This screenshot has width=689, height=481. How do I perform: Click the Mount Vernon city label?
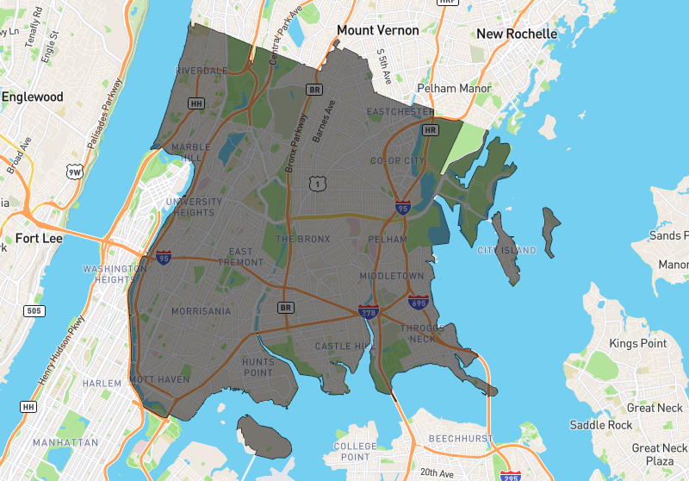tap(377, 30)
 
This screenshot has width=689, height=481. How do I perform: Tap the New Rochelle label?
tap(517, 34)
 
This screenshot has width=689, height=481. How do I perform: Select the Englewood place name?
tap(33, 97)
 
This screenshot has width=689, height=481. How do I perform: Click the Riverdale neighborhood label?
tap(202, 71)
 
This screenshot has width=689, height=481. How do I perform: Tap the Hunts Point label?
tap(258, 367)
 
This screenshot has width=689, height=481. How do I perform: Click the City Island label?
tap(506, 251)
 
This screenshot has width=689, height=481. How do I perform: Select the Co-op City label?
tap(398, 161)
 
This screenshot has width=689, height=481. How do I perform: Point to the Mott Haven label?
tap(159, 379)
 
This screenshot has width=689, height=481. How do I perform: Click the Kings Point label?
tap(638, 344)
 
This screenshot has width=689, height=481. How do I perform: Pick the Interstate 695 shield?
tap(419, 302)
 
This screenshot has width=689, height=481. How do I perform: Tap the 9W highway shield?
tap(77, 172)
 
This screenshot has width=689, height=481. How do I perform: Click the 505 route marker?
tap(34, 311)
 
